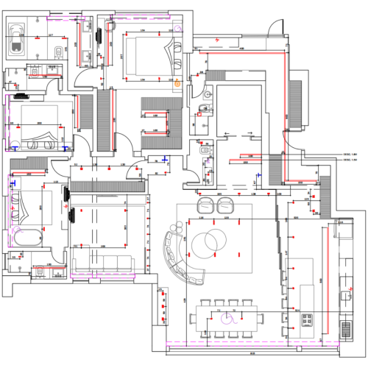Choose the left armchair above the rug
(x=205, y=205)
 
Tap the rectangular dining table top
(x=228, y=318)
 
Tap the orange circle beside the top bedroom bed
(x=177, y=84)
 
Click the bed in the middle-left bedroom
(x=37, y=121)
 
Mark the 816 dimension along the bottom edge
(x=252, y=353)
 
